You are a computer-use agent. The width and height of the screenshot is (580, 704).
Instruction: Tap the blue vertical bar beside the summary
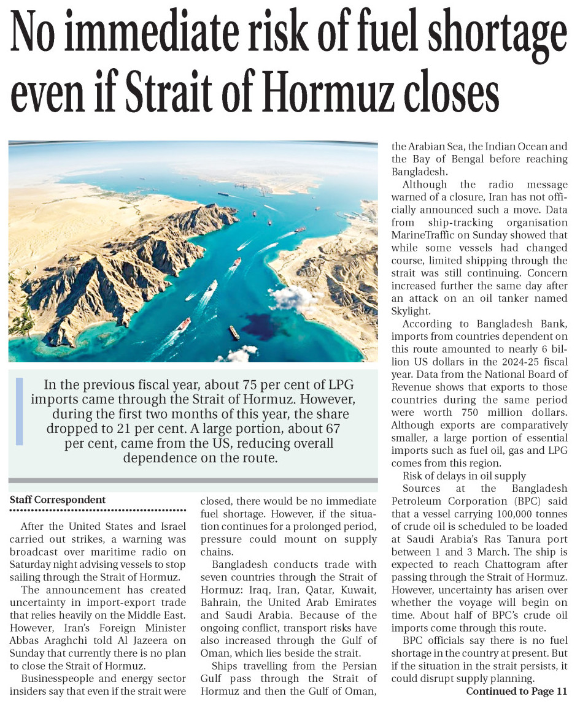pos(20,411)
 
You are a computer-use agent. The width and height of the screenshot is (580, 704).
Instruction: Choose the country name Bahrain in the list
pos(223,603)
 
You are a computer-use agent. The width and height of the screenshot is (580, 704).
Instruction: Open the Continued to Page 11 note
pos(516,692)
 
